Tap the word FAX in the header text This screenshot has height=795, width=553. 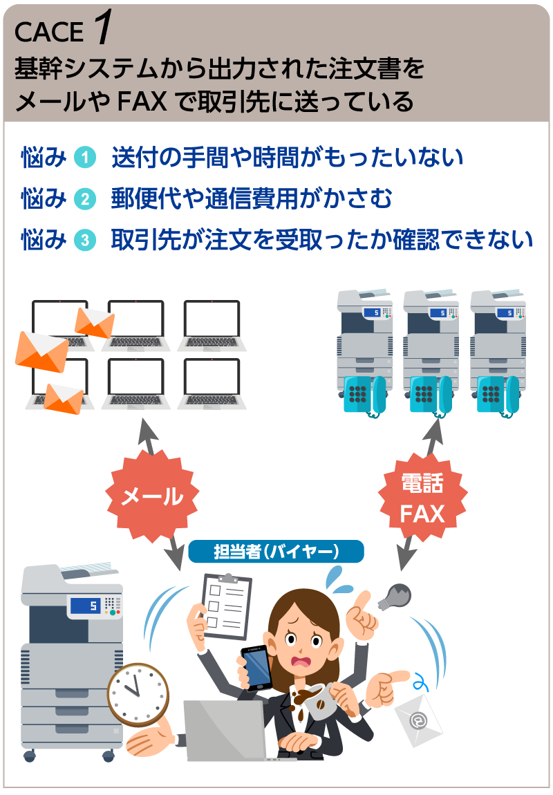pos(142,102)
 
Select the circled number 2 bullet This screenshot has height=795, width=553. pos(84,200)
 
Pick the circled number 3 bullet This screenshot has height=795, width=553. pos(84,241)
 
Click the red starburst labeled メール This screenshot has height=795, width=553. pos(152,496)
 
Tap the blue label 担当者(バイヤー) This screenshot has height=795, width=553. pos(276,551)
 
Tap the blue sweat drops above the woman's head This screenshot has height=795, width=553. pos(336,579)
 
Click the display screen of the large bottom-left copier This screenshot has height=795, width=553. pos(83,606)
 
